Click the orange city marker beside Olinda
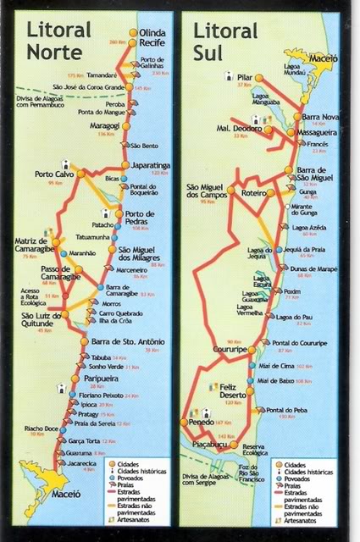click(133, 32)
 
